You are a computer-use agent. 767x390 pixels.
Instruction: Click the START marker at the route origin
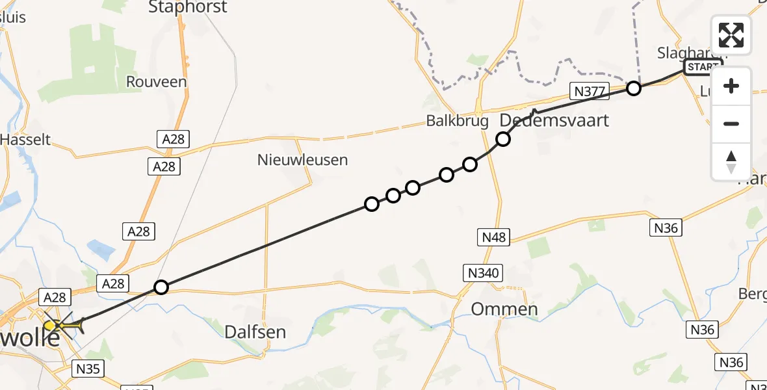tap(703, 67)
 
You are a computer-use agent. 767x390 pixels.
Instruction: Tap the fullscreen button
tap(731, 35)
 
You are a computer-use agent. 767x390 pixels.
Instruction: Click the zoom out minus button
tap(731, 123)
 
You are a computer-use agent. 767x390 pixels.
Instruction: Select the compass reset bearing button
tap(731, 161)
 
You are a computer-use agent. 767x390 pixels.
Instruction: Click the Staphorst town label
tap(188, 8)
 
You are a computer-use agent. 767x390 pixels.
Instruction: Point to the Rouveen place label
tap(157, 82)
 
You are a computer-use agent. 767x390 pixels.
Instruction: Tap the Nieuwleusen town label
tap(302, 159)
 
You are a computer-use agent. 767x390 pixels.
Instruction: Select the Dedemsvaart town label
tap(554, 121)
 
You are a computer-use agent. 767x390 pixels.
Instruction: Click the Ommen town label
tap(504, 309)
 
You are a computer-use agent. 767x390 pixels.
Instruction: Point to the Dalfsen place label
tap(255, 331)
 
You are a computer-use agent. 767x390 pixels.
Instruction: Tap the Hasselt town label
tap(25, 139)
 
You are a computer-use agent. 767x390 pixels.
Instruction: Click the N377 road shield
tap(589, 91)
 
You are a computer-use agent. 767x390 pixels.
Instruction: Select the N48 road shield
tap(493, 237)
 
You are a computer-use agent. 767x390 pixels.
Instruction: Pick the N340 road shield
tap(482, 272)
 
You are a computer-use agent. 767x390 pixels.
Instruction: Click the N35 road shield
tap(88, 369)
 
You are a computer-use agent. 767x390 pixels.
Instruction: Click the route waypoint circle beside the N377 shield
tap(633, 88)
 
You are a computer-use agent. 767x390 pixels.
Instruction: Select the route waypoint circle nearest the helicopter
tap(161, 287)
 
